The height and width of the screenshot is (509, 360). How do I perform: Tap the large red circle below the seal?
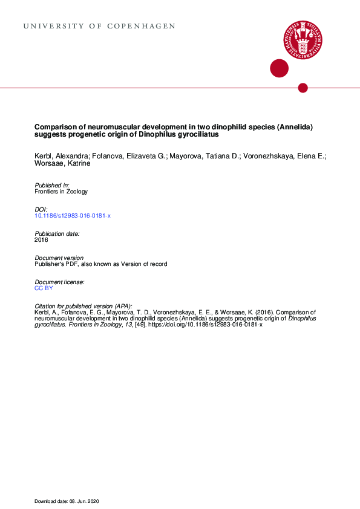[279, 68]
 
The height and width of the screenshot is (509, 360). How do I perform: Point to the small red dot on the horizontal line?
[303, 88]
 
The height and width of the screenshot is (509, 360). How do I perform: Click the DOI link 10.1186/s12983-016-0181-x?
[73, 216]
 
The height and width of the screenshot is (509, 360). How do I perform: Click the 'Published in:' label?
[52, 184]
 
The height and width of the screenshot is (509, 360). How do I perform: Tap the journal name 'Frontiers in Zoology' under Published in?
[61, 192]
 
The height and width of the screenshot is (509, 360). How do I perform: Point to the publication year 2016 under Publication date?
[41, 240]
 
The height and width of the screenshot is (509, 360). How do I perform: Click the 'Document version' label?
[59, 258]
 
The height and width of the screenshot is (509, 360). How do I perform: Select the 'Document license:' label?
[59, 282]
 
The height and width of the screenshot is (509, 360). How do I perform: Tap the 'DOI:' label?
[41, 209]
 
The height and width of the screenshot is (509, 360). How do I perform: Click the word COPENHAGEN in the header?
[141, 27]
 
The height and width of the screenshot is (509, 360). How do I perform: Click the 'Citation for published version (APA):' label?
[83, 306]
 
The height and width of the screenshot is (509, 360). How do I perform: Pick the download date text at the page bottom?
[70, 501]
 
